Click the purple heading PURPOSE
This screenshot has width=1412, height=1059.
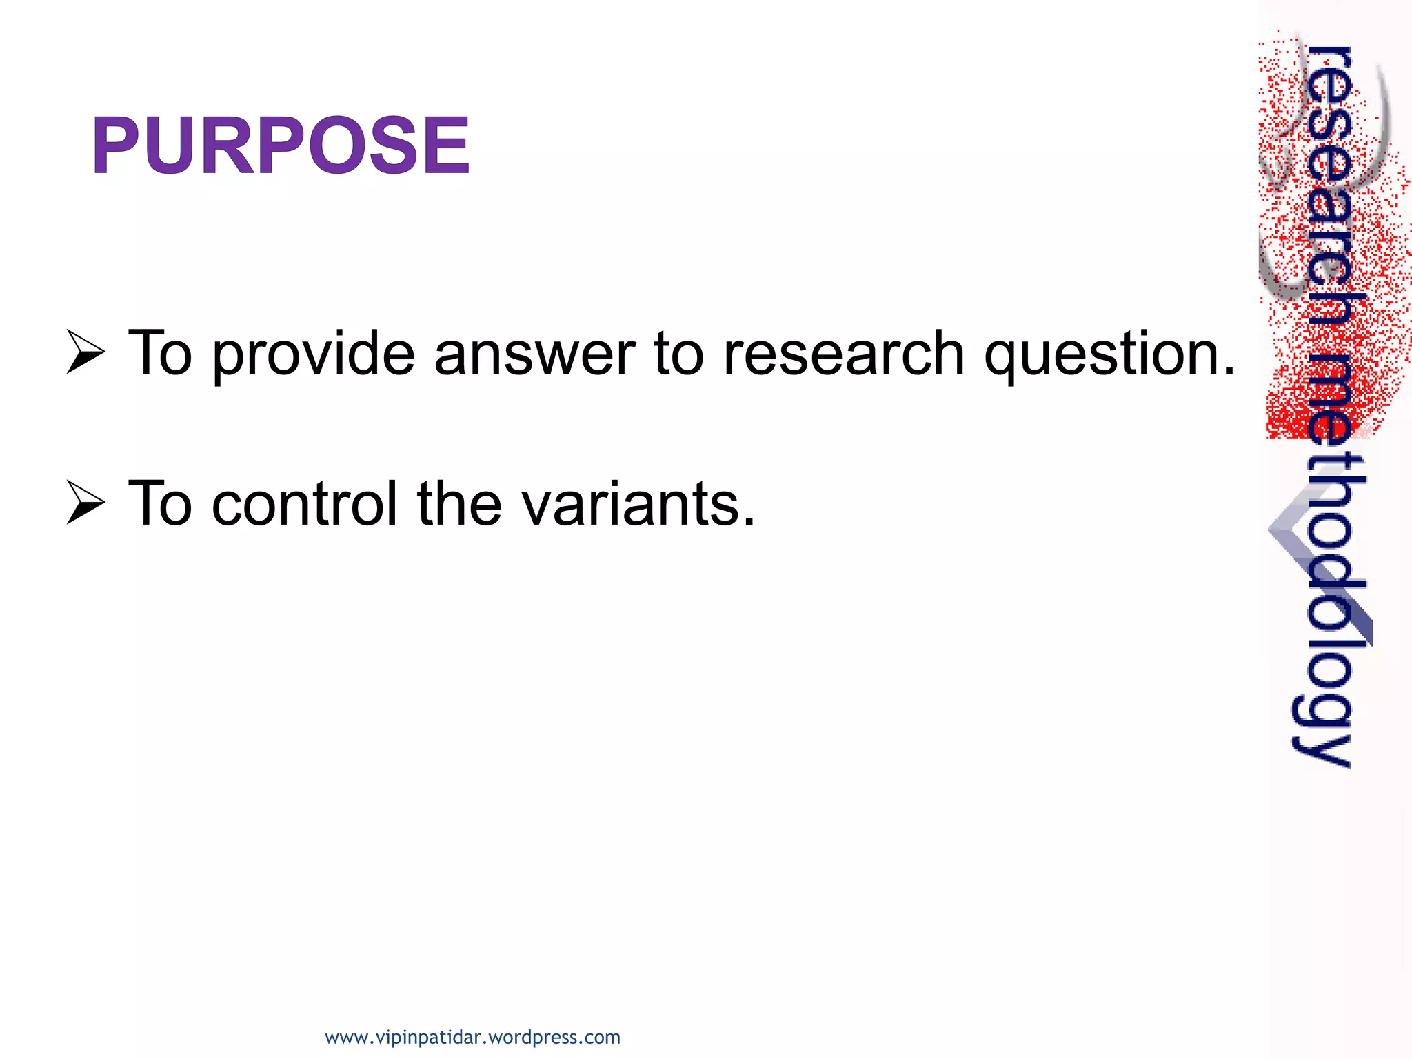(280, 145)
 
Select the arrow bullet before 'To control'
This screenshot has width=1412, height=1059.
(85, 503)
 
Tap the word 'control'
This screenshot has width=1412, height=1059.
(305, 504)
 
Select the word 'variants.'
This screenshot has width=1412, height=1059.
(638, 504)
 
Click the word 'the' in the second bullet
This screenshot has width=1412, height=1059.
(459, 504)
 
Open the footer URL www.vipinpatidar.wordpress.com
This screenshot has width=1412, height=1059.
(472, 1037)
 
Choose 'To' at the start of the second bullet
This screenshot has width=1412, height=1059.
(160, 504)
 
